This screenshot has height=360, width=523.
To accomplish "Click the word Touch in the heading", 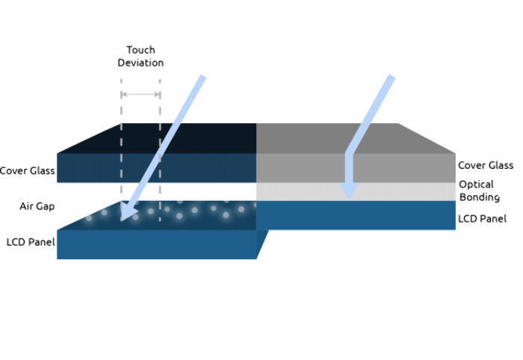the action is [140, 50].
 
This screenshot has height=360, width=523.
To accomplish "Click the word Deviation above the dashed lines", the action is [140, 63].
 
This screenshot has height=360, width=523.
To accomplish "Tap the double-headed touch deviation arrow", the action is [140, 94].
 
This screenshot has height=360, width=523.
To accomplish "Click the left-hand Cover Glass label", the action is [28, 171].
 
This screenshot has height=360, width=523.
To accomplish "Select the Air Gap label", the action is [37, 206].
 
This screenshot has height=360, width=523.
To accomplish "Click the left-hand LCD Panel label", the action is [31, 242].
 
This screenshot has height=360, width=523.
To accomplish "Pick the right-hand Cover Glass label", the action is [486, 165].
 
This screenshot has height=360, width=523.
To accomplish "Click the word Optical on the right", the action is [476, 184].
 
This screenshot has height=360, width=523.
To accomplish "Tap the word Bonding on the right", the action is [480, 197].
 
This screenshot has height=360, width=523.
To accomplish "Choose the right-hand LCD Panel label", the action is [483, 219].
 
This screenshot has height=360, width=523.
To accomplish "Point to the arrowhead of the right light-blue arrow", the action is [349, 191].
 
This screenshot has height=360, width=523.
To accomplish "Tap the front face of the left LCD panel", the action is [157, 244].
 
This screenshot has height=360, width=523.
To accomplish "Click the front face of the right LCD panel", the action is [356, 215].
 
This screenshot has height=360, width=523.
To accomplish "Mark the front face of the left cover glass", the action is [157, 167].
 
